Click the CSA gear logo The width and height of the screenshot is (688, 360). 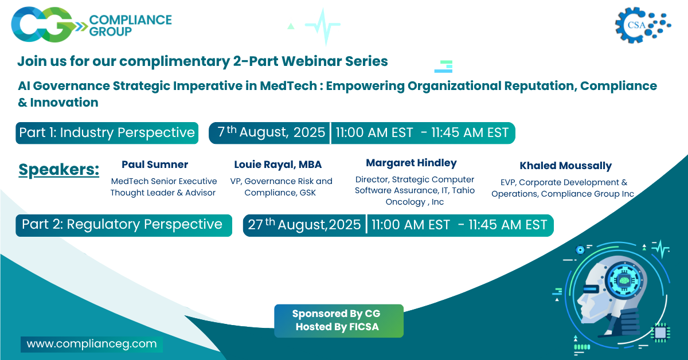coord(643,25)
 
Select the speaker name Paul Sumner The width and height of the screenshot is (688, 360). coord(155,165)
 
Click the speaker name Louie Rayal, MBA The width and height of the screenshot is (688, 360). coord(277,165)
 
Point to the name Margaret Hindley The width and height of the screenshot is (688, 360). coord(411,163)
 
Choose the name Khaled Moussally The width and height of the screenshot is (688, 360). coord(565,166)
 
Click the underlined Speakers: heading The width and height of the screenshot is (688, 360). coord(58,170)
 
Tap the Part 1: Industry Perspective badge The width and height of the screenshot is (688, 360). coord(107,133)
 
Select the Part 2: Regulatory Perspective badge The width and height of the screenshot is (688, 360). coord(124,225)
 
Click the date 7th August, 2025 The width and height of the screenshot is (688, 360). coord(271,132)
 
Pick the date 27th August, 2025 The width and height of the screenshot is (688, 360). coord(304,225)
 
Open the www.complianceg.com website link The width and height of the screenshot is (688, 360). coord(92,344)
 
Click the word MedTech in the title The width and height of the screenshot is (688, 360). coord(288,85)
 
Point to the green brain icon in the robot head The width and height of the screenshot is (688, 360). coord(624,280)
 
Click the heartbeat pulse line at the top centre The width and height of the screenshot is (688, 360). coord(323,26)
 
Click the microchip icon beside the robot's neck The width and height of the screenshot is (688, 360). coord(660,332)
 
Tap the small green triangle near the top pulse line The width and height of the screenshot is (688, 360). coord(291,26)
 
